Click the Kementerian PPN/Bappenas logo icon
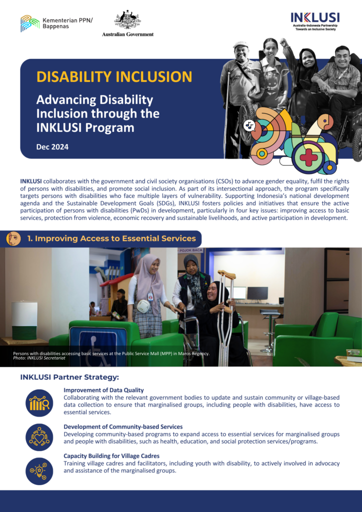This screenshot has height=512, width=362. (x=30, y=23)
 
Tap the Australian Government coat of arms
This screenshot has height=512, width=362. (x=127, y=20)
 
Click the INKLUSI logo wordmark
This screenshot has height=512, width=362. (x=315, y=17)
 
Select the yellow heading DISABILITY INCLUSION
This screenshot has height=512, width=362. (x=114, y=76)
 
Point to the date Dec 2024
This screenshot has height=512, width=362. (x=52, y=147)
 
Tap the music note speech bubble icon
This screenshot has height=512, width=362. (x=249, y=125)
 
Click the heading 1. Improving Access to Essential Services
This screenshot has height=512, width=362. (x=111, y=238)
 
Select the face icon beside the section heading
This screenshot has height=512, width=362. (x=13, y=238)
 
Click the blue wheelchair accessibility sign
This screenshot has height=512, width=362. (x=98, y=346)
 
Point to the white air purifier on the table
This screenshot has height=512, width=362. (x=24, y=320)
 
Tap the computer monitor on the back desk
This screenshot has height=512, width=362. (x=257, y=293)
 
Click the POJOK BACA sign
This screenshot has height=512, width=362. (x=190, y=250)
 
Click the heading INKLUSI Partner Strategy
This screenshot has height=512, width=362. (x=69, y=377)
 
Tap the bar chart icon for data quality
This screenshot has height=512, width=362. (x=39, y=403)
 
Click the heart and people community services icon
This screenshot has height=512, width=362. (x=39, y=437)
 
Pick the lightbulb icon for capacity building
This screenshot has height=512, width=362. (x=39, y=471)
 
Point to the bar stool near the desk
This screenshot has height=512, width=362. (x=269, y=330)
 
